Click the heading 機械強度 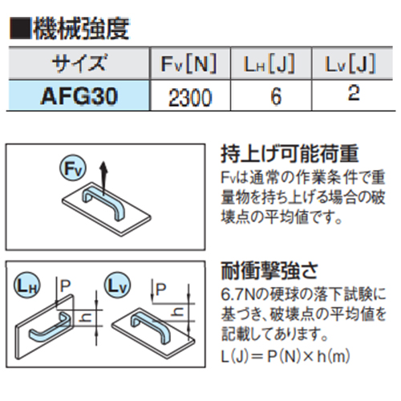click(81, 29)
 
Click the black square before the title click(20, 28)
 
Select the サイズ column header click(79, 63)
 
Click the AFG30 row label click(79, 96)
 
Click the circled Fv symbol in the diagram click(72, 168)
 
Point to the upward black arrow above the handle click(103, 176)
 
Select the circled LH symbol click(26, 286)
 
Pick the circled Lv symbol click(117, 286)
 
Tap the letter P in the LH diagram click(65, 286)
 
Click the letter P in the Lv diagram click(160, 289)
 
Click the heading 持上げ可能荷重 click(290, 154)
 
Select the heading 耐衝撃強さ click(269, 271)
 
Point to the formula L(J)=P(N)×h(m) click(286, 356)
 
